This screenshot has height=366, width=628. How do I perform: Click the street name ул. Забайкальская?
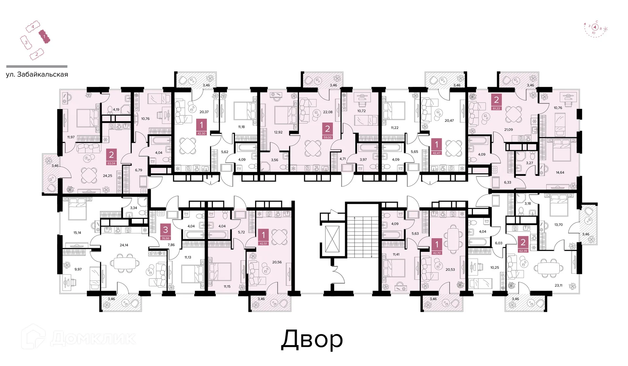point(37,74)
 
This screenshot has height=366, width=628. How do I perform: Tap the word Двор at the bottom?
point(312,340)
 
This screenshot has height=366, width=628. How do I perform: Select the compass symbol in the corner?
point(596,28)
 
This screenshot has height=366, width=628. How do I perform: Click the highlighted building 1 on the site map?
point(44,37)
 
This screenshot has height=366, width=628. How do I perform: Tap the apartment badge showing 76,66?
point(166,232)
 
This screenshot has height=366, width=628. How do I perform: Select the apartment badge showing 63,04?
point(111,157)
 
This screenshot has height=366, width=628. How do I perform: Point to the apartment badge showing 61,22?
point(496,102)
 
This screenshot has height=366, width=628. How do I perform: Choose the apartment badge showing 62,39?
point(523,245)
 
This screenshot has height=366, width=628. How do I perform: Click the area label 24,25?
point(108,176)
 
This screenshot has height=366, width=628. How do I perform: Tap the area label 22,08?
point(328,112)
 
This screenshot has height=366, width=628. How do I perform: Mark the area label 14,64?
point(560,173)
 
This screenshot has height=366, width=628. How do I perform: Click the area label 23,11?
point(558,285)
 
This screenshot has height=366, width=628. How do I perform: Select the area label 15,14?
point(77,233)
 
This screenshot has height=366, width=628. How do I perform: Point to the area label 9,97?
point(78,269)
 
